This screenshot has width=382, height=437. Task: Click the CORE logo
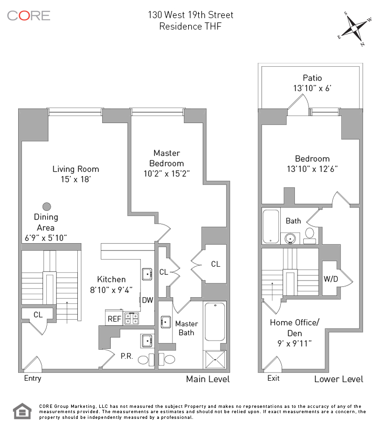pyautogui.click(x=29, y=16)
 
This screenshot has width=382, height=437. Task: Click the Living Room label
pyautogui.click(x=75, y=169)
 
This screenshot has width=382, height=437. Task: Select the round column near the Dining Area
pyautogui.click(x=47, y=207)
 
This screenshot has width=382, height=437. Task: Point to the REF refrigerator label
pyautogui.click(x=115, y=319)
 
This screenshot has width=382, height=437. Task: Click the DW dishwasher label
pyautogui.click(x=148, y=300)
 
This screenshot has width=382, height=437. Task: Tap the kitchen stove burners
pyautogui.click(x=131, y=319)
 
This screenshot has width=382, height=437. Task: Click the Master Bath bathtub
pyautogui.click(x=215, y=322)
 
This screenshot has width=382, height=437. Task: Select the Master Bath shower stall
pyautogui.click(x=215, y=360)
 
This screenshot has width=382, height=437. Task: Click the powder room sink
pyautogui.click(x=147, y=341)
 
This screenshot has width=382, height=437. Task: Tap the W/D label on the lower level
pyautogui.click(x=330, y=279)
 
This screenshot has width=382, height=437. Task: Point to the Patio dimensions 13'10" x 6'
pyautogui.click(x=312, y=88)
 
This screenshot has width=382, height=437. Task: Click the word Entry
pyautogui.click(x=32, y=378)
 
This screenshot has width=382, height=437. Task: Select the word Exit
pyautogui.click(x=273, y=378)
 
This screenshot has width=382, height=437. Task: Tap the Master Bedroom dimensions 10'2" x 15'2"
pyautogui.click(x=167, y=174)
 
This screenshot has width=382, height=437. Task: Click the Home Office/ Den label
pyautogui.click(x=295, y=328)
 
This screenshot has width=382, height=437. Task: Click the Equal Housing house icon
pyautogui.click(x=22, y=411)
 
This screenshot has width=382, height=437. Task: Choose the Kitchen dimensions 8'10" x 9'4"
pyautogui.click(x=111, y=290)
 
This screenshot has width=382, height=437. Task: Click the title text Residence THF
pyautogui.click(x=191, y=26)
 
